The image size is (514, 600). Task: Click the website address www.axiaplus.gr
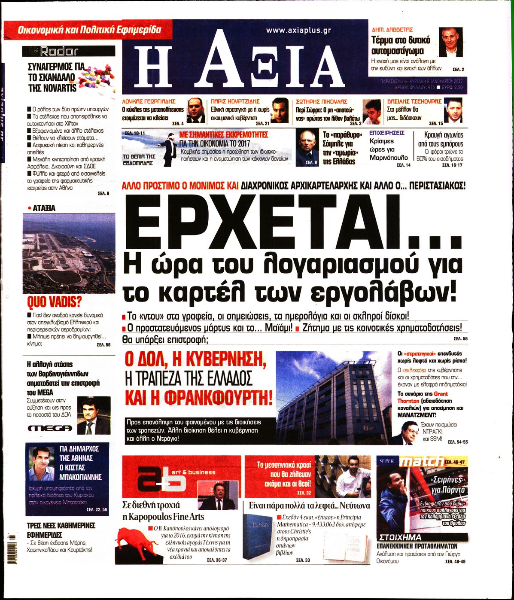click(x=298, y=30)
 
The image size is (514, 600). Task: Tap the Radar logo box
click(x=69, y=51)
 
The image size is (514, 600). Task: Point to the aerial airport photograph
click(x=69, y=253)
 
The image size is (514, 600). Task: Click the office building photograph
click(x=333, y=398)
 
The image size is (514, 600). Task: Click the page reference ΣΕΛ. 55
click(x=460, y=339)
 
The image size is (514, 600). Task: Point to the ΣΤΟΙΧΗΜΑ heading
click(x=400, y=537)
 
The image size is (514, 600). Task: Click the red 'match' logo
click(x=421, y=462)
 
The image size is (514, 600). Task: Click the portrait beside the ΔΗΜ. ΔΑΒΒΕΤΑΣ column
click(x=451, y=42)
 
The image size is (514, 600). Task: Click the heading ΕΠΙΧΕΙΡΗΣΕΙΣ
click(x=387, y=133)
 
